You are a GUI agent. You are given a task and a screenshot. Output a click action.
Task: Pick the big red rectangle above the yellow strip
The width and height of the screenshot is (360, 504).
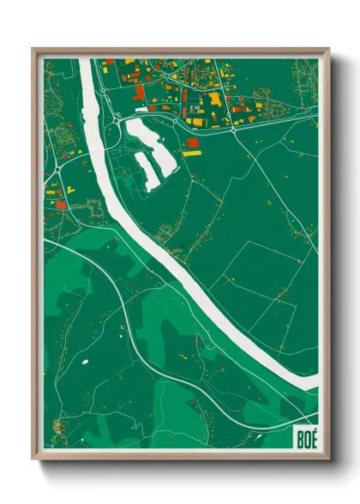192,142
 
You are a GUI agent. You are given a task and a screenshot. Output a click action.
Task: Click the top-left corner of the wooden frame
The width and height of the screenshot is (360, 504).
33,49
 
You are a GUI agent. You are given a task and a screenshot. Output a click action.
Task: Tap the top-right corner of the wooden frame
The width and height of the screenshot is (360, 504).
327,49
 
